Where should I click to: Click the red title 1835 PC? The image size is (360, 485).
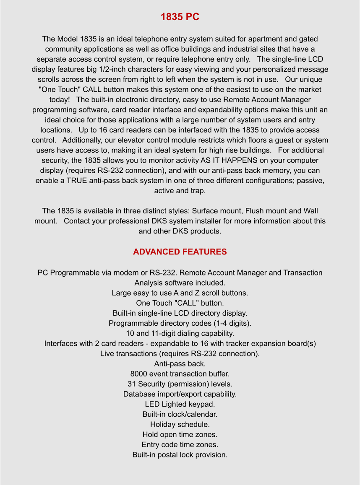coord(180,17)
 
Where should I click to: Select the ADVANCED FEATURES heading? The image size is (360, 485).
coord(180,252)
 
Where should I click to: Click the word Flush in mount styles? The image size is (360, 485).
coord(254,211)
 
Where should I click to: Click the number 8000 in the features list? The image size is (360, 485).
coord(138,374)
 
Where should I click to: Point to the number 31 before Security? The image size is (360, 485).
coord(132,384)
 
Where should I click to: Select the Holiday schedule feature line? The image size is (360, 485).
coord(180,425)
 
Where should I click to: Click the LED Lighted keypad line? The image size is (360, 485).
coord(180,405)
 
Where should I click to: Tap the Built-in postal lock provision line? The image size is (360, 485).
coord(180,455)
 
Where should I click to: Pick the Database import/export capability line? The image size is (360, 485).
coord(180,394)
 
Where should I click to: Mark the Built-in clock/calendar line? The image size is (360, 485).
coord(180,415)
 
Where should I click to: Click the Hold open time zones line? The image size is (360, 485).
coord(180,435)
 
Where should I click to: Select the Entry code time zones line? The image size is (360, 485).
coord(180,445)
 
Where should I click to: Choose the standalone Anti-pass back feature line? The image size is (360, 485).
coord(180,364)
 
